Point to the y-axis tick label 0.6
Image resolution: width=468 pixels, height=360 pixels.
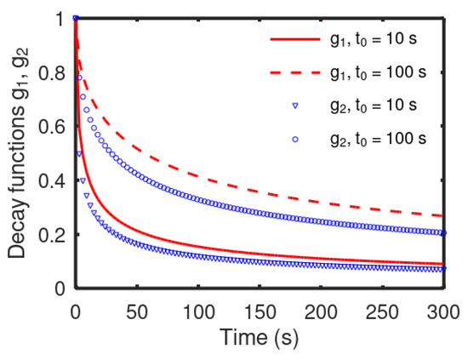(54, 126)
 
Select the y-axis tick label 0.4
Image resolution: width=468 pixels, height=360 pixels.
(54, 180)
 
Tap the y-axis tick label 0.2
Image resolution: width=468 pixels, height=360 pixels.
(54, 234)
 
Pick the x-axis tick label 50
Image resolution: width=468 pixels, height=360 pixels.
(136, 305)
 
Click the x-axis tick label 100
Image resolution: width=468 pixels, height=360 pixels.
(197, 305)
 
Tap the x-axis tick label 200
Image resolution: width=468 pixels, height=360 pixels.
(319, 305)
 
